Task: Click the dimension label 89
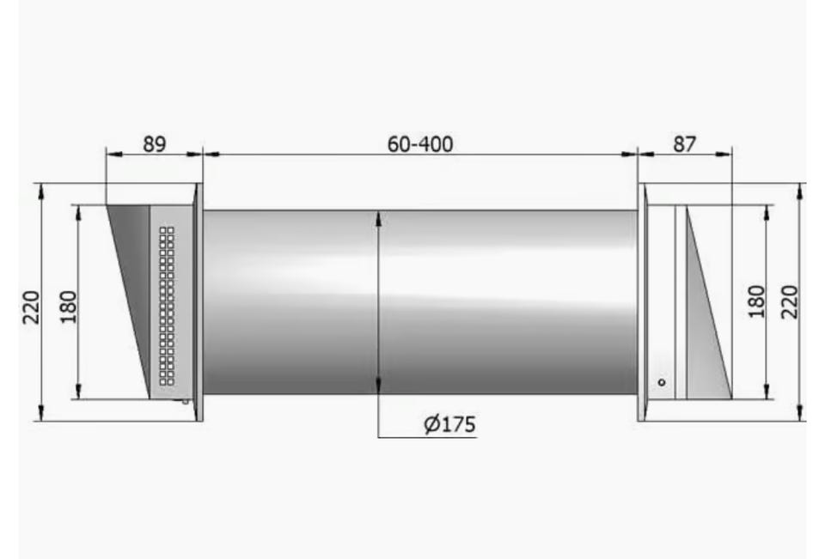[x=154, y=143]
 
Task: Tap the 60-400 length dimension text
[x=420, y=144]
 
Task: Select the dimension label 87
[x=684, y=143]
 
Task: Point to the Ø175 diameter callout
[x=449, y=424]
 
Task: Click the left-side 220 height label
[x=31, y=307]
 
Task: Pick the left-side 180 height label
[x=69, y=307]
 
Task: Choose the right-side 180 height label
[x=756, y=301]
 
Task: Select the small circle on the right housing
[x=662, y=382]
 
